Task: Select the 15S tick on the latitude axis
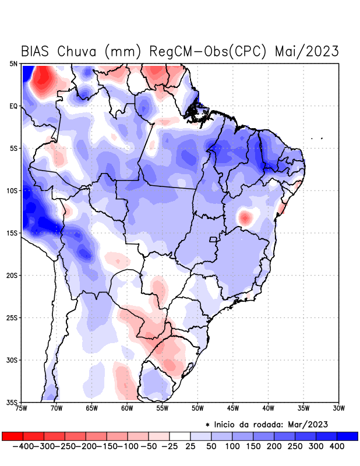(13, 234)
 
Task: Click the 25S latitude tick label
(13, 318)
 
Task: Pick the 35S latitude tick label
(13, 403)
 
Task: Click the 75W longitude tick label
(22, 408)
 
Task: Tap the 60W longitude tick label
(127, 408)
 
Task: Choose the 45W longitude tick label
(233, 408)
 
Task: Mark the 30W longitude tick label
(338, 408)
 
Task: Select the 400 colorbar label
(337, 446)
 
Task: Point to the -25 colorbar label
(169, 446)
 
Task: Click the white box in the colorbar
(180, 436)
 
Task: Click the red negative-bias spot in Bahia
(246, 218)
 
